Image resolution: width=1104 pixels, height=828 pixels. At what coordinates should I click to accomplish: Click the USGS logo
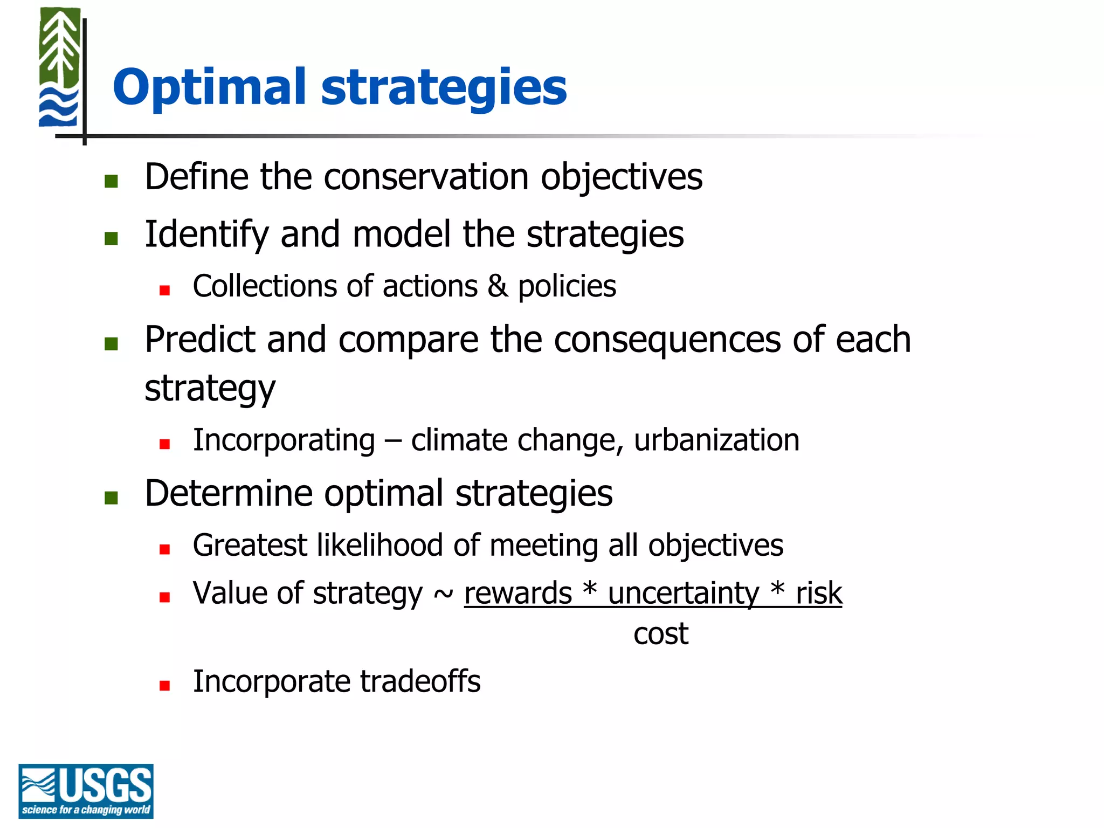pos(86,790)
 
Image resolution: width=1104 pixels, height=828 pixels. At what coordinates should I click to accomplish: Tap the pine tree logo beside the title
pos(60,67)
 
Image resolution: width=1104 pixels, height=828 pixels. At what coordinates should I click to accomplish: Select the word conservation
pos(426,177)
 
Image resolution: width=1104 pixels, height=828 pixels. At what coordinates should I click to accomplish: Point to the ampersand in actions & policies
pos(498,286)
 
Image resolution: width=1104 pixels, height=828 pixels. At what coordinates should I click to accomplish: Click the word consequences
pos(667,340)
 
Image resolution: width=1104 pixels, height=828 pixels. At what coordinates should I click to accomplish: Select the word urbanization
pos(716,440)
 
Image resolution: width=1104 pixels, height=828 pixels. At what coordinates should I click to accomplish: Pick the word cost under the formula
pos(660,634)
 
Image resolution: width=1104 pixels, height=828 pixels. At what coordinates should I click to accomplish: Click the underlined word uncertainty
pos(684,594)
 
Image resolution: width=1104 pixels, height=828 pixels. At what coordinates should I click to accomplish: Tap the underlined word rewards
pos(517,594)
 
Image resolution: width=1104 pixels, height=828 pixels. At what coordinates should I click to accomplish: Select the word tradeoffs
pos(420,681)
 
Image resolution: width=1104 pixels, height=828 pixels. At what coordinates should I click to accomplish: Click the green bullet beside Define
pos(111,181)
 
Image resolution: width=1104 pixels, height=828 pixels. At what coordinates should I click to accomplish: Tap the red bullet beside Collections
pos(164,291)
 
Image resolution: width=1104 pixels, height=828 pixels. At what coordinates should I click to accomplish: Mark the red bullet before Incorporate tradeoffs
pos(164,686)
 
